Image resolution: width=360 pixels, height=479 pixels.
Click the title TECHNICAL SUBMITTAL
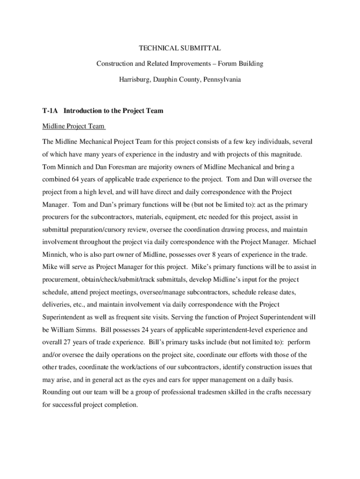click(180, 48)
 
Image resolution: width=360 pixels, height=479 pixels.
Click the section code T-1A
click(50, 111)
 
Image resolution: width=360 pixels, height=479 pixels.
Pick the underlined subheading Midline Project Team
click(73, 126)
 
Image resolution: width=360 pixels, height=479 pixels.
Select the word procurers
click(57, 217)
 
